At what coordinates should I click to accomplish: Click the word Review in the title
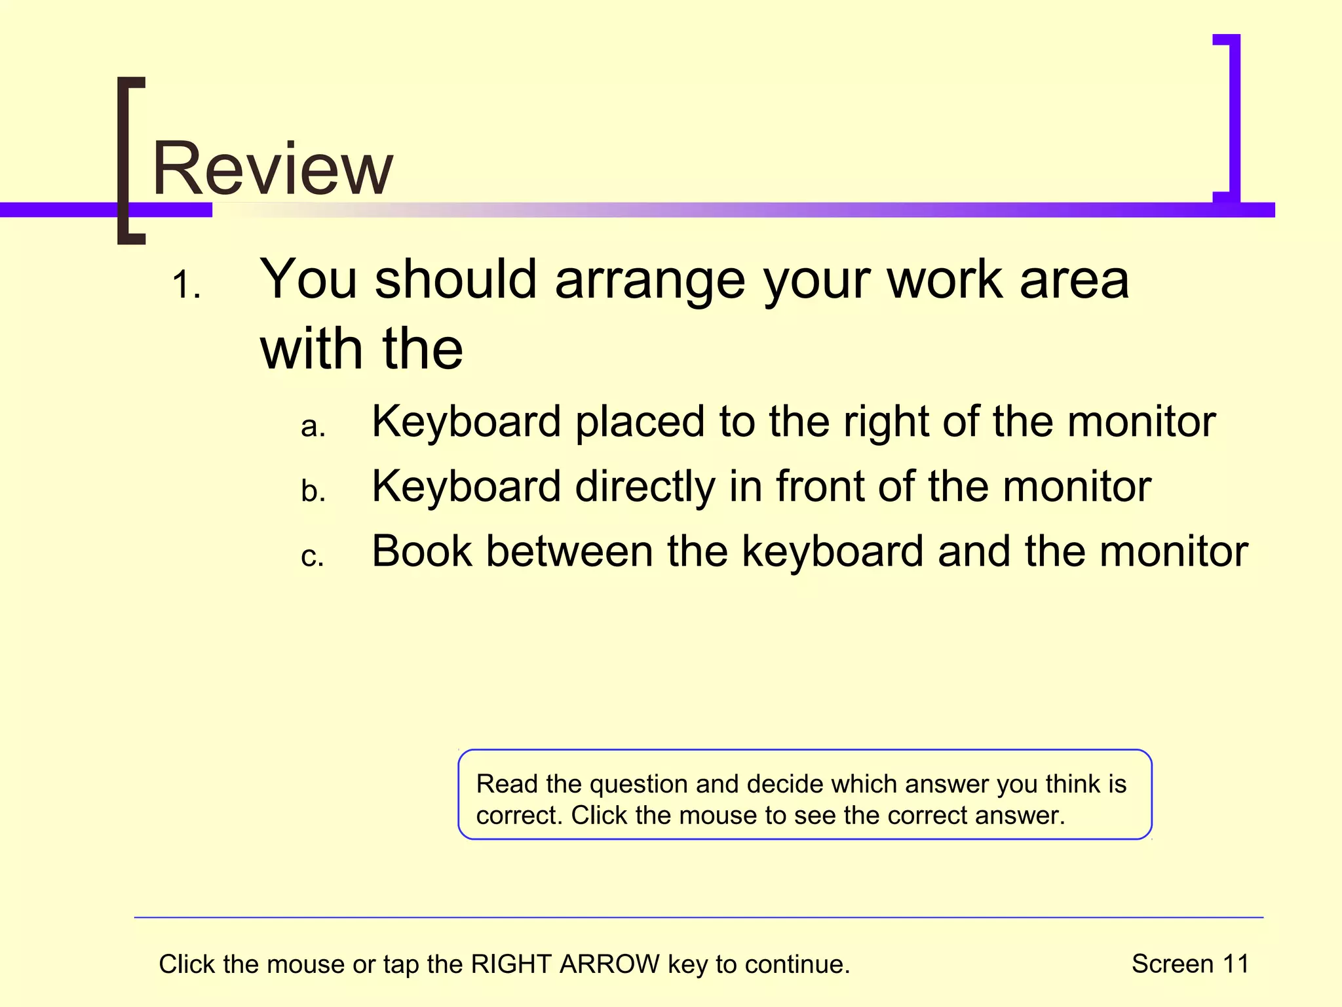tap(273, 169)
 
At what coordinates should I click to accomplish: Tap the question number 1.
tap(186, 286)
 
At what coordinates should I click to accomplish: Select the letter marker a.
tap(313, 427)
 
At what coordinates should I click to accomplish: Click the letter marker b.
tap(313, 491)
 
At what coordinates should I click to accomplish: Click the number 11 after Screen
tap(1235, 964)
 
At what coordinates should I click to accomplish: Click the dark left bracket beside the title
tap(130, 161)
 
